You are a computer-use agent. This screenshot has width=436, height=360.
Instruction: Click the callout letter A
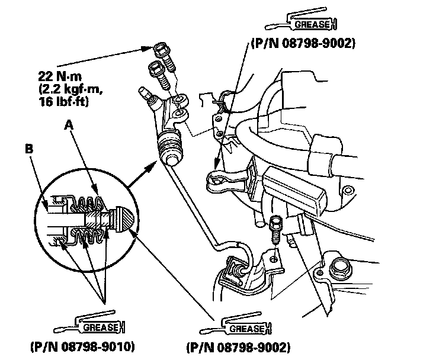pos(69,125)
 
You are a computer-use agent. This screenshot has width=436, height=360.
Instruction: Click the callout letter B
pos(29,149)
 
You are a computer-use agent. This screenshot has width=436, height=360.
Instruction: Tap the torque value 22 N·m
pos(60,76)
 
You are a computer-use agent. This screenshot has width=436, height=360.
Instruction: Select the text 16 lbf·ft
pos(63,102)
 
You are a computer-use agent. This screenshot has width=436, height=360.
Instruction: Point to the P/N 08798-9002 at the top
pos(303,44)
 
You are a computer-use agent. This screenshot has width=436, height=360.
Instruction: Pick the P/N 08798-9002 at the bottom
pos(238,348)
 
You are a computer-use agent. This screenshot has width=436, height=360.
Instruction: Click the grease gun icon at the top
pos(301,20)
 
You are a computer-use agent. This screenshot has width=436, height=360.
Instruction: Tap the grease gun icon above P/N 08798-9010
pos(89,323)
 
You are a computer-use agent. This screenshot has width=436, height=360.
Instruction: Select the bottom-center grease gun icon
pos(235,323)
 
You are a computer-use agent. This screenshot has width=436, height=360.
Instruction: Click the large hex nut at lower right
pos(341,268)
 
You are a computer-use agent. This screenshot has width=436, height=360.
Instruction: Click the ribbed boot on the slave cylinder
pos(170,144)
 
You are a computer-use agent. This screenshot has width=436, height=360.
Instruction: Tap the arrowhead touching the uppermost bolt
pos(149,49)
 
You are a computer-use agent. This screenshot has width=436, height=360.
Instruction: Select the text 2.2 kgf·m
pos(70,89)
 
